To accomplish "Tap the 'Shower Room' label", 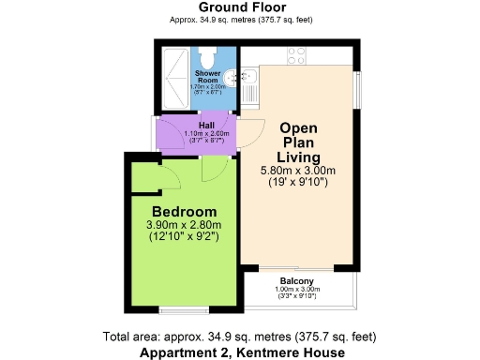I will pyautogui.click(x=208, y=75).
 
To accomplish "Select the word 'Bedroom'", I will pyautogui.click(x=185, y=211).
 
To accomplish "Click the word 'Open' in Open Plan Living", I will pyautogui.click(x=298, y=127).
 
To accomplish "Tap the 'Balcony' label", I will pyautogui.click(x=296, y=279).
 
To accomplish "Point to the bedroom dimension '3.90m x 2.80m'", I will pyautogui.click(x=184, y=226).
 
